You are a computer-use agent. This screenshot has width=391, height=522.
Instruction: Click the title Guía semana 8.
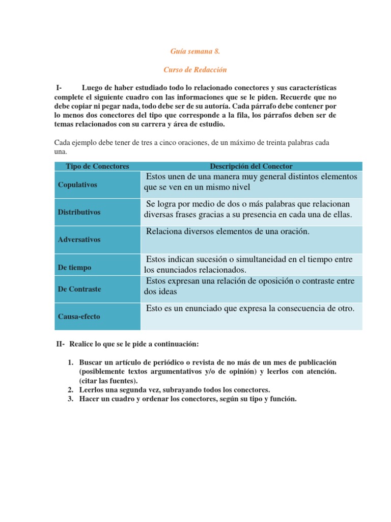pyautogui.click(x=195, y=51)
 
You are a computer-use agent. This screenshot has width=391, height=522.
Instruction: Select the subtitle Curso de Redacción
pyautogui.click(x=195, y=69)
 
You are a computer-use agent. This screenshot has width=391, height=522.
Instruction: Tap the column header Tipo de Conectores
pyautogui.click(x=97, y=166)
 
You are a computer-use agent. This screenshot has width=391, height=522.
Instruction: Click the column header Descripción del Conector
pyautogui.click(x=251, y=166)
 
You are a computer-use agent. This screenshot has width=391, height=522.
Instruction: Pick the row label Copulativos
pyautogui.click(x=77, y=185)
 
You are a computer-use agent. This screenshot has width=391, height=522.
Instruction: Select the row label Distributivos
pyautogui.click(x=79, y=212)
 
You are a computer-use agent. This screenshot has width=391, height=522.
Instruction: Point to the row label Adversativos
pyautogui.click(x=79, y=240)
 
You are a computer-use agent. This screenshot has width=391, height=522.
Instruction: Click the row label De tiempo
pyautogui.click(x=74, y=267)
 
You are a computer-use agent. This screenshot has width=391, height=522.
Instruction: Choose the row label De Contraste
pyautogui.click(x=79, y=289)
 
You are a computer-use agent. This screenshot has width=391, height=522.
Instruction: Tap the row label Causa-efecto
pyautogui.click(x=79, y=317)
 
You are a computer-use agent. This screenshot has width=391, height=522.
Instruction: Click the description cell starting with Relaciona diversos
pyautogui.click(x=228, y=231)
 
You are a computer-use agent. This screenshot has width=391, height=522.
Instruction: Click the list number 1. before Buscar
pyautogui.click(x=71, y=362)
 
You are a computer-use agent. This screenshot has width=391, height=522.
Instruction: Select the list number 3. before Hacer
pyautogui.click(x=71, y=399)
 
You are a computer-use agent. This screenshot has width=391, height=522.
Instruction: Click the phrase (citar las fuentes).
pyautogui.click(x=108, y=381)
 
